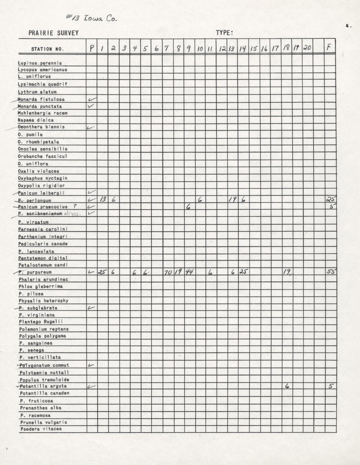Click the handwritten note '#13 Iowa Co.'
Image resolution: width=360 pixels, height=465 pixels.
click(x=91, y=18)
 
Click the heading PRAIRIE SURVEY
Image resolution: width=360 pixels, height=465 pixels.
click(x=54, y=33)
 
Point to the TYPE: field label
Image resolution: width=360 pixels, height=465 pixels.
click(x=224, y=33)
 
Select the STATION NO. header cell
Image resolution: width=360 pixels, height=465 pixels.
click(x=47, y=49)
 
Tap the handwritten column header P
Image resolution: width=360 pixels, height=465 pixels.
click(x=92, y=49)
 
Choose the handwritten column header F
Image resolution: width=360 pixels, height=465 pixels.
click(x=329, y=48)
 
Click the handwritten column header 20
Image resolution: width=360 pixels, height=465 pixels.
click(x=307, y=48)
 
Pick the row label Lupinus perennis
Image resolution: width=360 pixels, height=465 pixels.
click(x=40, y=63)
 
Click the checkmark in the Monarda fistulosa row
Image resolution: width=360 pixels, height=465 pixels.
click(x=92, y=99)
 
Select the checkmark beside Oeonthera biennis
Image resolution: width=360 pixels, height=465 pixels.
click(x=91, y=127)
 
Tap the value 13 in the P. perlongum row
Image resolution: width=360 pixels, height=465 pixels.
click(x=103, y=199)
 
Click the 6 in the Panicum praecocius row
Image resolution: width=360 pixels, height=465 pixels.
click(x=188, y=207)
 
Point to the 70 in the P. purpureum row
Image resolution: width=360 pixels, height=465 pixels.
click(x=168, y=272)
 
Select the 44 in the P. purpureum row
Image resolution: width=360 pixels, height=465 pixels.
click(x=189, y=272)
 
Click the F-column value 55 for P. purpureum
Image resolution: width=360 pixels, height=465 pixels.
click(x=330, y=272)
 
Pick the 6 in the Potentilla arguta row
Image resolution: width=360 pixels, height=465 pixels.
click(x=287, y=386)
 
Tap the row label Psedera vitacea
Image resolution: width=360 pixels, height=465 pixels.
click(x=41, y=429)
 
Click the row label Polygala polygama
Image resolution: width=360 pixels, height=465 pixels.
click(x=42, y=336)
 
